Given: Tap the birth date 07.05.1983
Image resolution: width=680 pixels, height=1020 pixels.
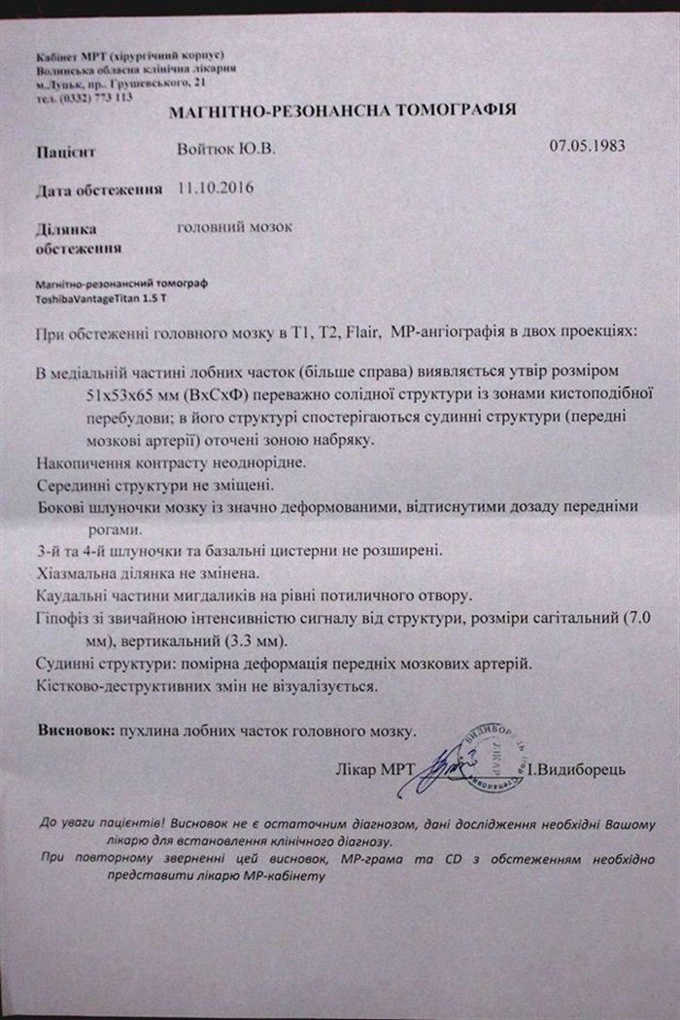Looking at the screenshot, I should click(587, 148).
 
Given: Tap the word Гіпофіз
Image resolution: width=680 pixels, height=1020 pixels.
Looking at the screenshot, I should click(63, 621).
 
